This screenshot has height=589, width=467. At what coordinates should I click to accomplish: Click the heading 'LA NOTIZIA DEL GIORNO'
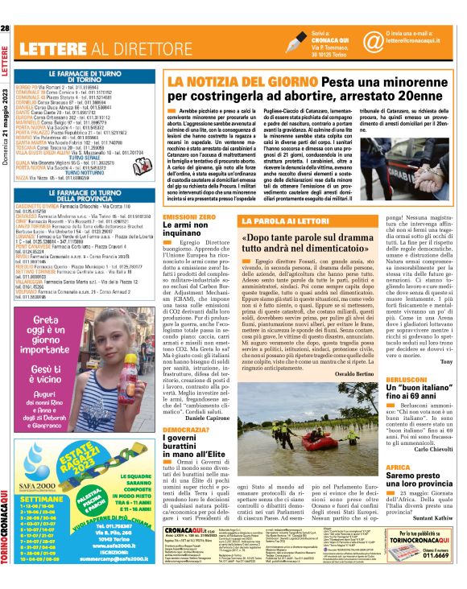tap(226, 82)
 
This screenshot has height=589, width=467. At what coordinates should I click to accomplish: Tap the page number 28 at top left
tap(6, 29)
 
